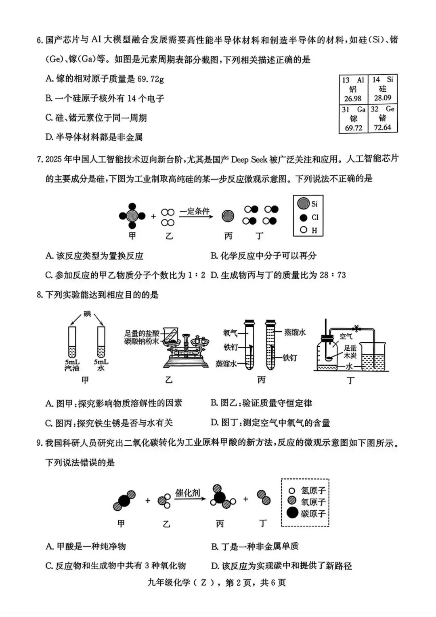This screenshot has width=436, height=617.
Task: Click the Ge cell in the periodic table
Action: [383, 118]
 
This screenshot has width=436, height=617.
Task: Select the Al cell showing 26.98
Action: [353, 89]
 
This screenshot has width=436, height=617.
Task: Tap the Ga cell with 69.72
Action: [354, 118]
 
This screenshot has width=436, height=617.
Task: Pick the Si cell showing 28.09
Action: [383, 89]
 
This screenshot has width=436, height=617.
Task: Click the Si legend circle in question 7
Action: [304, 204]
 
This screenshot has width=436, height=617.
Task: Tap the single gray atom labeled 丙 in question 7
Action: [228, 216]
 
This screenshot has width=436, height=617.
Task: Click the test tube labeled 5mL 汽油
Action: [72, 342]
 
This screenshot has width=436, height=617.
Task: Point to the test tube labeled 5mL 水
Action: [101, 342]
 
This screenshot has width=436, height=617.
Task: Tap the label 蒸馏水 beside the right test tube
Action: [295, 332]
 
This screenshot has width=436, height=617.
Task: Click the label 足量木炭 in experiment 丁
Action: [350, 352]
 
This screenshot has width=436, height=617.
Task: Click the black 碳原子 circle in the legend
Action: [292, 513]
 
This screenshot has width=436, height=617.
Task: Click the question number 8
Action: [40, 295]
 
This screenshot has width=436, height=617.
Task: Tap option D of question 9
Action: [281, 566]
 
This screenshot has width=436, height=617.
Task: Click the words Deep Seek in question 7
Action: [249, 160]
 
